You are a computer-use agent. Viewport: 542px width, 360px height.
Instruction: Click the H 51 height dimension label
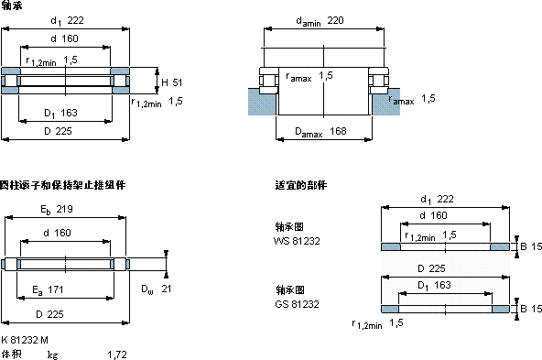tap(172, 82)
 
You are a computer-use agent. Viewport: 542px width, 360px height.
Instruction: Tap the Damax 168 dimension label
tap(320, 132)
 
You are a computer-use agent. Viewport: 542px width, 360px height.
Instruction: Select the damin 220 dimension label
tap(320, 21)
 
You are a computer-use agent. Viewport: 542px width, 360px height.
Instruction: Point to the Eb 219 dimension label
tap(57, 210)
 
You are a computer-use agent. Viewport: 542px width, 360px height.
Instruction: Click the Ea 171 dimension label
tap(48, 290)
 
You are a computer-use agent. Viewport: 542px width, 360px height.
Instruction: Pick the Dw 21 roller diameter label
tap(157, 289)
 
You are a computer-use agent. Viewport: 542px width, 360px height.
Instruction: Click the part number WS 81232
tap(297, 241)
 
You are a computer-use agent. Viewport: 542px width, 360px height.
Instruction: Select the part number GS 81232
tap(297, 304)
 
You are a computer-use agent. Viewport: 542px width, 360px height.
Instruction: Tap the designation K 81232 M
tap(25, 340)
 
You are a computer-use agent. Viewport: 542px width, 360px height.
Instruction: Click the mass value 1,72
tap(117, 355)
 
